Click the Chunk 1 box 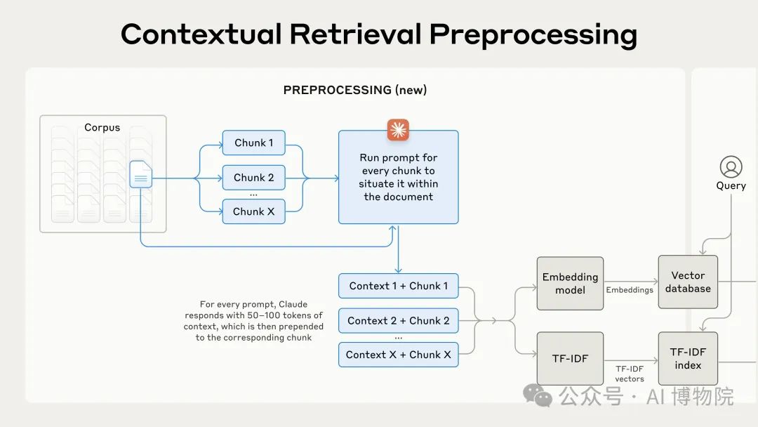click(x=254, y=143)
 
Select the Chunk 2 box click(x=254, y=178)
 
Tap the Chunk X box click(x=254, y=211)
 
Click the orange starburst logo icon click(x=398, y=130)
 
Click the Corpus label click(x=102, y=128)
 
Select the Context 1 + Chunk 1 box click(x=398, y=286)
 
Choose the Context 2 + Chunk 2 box click(x=398, y=320)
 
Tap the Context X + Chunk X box click(x=398, y=355)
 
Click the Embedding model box click(x=570, y=283)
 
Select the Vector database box click(x=688, y=282)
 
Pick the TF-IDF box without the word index click(x=570, y=358)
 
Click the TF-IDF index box click(x=688, y=358)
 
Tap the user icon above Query click(x=731, y=167)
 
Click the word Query click(x=731, y=186)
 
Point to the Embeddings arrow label click(x=630, y=289)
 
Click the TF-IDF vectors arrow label click(x=630, y=374)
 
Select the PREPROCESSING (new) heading click(x=355, y=90)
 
